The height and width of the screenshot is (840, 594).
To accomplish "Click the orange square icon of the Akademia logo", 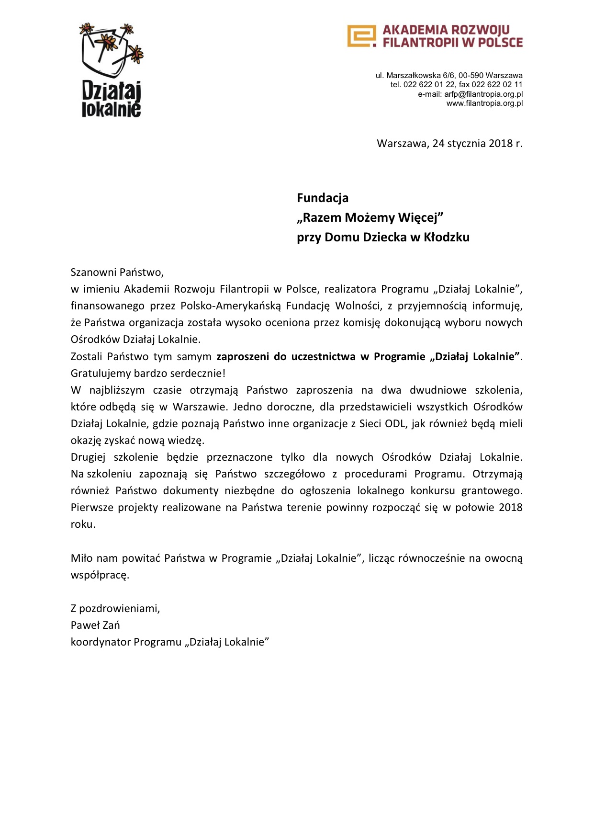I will (x=361, y=36).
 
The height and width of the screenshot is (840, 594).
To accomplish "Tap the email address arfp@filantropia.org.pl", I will (x=483, y=94).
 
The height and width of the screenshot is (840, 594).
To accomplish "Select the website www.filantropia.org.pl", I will (x=484, y=103).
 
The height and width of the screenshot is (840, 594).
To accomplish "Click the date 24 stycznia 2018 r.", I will (x=477, y=143).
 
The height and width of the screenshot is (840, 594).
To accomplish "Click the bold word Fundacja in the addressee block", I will (x=323, y=198).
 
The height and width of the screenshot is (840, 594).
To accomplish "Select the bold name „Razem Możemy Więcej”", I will (x=370, y=217).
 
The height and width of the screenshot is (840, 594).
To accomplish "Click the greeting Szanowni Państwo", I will (x=117, y=272).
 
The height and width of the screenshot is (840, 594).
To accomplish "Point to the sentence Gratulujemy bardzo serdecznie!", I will (x=148, y=373).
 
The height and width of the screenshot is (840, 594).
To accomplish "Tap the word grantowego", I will (x=492, y=491).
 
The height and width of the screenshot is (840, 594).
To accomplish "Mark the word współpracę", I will (x=100, y=575).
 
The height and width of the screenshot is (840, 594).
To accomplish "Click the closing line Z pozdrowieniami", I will (x=115, y=609).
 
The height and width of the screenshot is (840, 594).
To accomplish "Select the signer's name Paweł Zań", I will (x=95, y=625).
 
